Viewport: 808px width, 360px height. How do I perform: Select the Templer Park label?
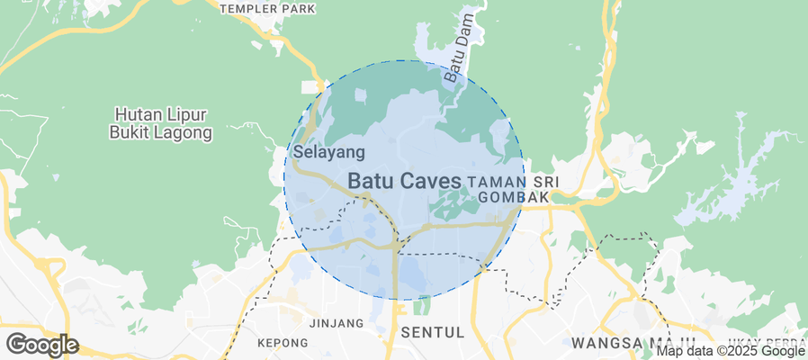click(x=268, y=9)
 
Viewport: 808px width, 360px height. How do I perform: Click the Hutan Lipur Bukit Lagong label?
click(x=162, y=124)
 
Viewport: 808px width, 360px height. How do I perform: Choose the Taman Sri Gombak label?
click(x=514, y=189)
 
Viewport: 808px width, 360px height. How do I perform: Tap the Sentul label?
click(x=432, y=332)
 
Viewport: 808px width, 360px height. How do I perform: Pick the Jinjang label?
click(x=336, y=322)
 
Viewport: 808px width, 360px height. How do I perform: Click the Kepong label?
click(x=283, y=343)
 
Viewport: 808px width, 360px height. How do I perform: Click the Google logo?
click(x=41, y=345)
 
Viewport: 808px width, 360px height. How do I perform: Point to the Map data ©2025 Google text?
click(x=729, y=351)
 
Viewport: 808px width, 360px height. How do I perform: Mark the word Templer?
click(x=251, y=9)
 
